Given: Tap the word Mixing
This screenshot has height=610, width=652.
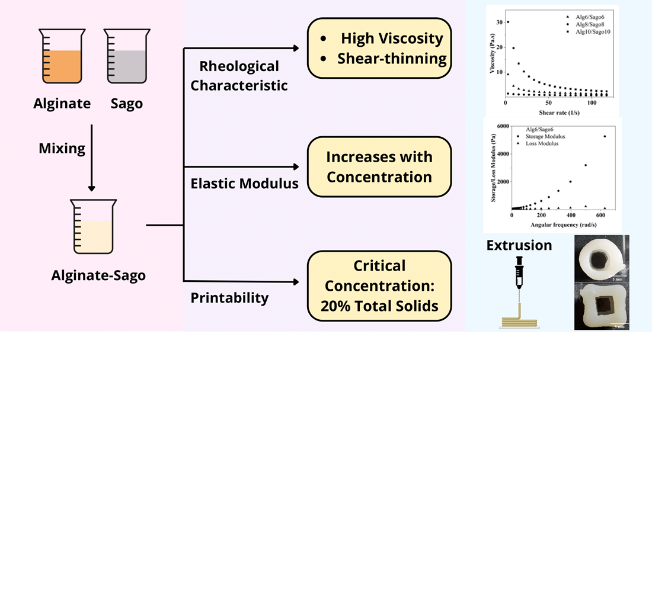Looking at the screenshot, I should click(62, 148).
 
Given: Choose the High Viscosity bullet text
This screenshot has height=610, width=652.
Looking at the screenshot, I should click(392, 39).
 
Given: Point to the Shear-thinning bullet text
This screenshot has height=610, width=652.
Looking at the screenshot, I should click(392, 59).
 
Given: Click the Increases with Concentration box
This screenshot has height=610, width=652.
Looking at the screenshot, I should click(379, 167).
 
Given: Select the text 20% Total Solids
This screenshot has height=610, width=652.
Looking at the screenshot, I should click(379, 306).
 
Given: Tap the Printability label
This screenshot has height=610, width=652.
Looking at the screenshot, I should click(229, 298).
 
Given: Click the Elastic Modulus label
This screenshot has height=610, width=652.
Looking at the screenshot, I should click(244, 184).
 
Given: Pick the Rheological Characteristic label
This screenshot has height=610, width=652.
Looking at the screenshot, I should click(239, 75).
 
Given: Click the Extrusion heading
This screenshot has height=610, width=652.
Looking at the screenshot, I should click(519, 245).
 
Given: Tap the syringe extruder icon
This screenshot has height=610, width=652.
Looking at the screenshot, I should click(519, 281).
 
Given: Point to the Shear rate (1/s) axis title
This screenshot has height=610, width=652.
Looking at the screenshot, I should click(559, 112).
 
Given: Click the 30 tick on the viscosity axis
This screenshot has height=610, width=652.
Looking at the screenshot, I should click(500, 22).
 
